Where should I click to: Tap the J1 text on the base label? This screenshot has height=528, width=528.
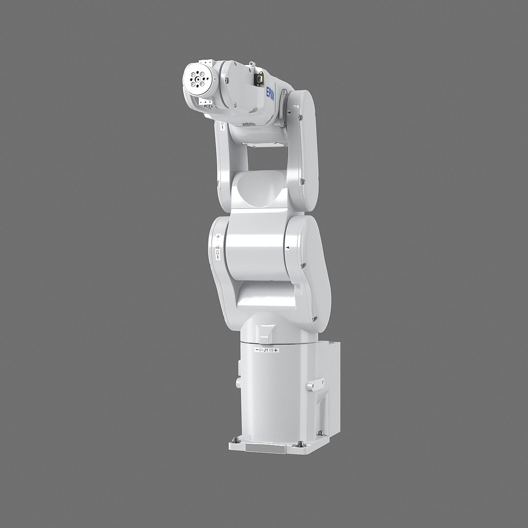tap(265, 350)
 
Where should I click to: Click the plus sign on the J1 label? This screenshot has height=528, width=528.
tap(276, 350)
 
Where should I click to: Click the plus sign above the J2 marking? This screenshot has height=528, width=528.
tap(218, 237)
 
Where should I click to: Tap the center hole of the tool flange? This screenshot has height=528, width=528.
tap(198, 78)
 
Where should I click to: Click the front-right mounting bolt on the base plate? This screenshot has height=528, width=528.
tap(299, 444)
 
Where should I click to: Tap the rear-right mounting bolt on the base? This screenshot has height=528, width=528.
tap(320, 433)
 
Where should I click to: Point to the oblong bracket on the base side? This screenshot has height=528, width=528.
tap(312, 386)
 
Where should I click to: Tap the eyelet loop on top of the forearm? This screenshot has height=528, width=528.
tap(252, 64)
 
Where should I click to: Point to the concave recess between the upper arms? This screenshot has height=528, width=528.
tap(258, 188)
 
